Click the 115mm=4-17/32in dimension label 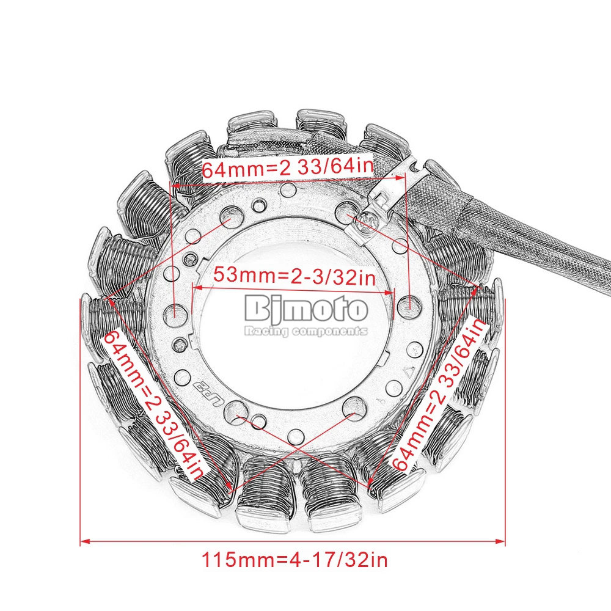(295, 560)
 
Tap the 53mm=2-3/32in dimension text (295, 276)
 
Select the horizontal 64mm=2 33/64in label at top (288, 168)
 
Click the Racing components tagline (306, 331)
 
